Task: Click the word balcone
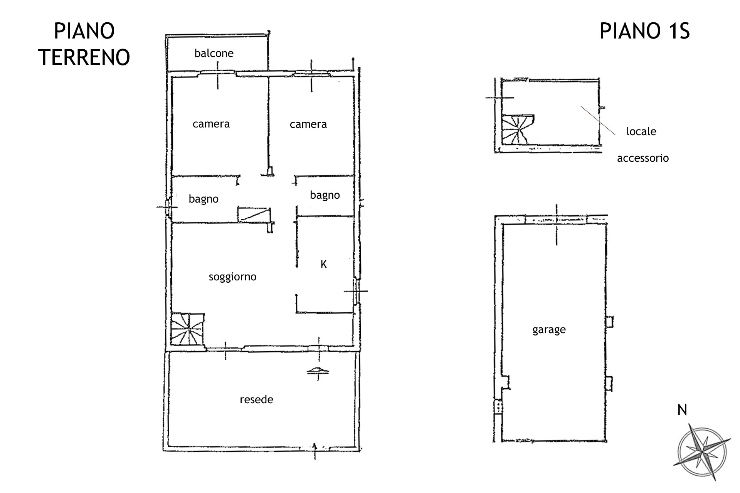tap(214, 53)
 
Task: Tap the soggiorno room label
tap(232, 277)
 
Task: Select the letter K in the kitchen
tap(324, 264)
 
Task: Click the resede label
tap(256, 399)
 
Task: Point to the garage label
tap(549, 330)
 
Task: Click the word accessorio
tap(643, 158)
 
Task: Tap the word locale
tap(641, 131)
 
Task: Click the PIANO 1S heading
tap(645, 31)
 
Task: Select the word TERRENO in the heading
tap(84, 58)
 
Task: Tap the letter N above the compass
tap(682, 410)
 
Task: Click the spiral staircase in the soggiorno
tap(188, 329)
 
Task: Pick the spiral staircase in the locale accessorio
tap(518, 129)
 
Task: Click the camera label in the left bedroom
tap(211, 124)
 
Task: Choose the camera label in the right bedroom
tap(308, 124)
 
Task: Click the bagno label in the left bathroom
tap(203, 199)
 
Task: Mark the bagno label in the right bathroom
tap(325, 195)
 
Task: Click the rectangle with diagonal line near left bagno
tap(254, 215)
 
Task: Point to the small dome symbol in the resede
tap(318, 371)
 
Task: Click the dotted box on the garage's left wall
tap(498, 406)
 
